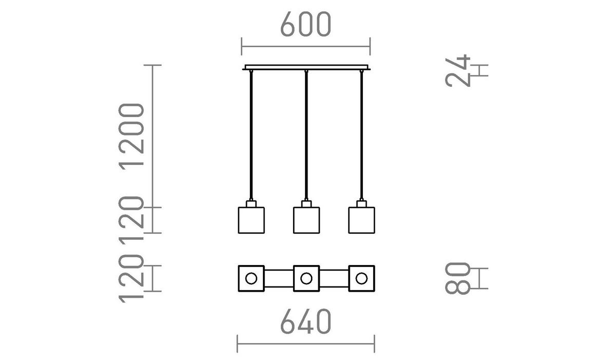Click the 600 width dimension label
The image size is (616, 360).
306,24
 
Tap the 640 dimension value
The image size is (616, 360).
306,322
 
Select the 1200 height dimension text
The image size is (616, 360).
130,136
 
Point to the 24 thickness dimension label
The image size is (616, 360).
458,70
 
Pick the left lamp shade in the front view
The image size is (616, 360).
251,220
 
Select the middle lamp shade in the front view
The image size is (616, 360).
306,220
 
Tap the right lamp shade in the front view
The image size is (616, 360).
362,220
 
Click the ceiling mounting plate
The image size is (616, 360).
306,67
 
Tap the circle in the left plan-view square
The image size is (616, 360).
251,279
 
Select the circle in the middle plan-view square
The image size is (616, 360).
306,279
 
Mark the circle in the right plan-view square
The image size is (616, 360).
362,279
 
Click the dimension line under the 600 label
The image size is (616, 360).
306,46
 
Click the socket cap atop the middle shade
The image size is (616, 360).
306,204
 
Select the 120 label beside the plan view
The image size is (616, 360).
130,279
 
